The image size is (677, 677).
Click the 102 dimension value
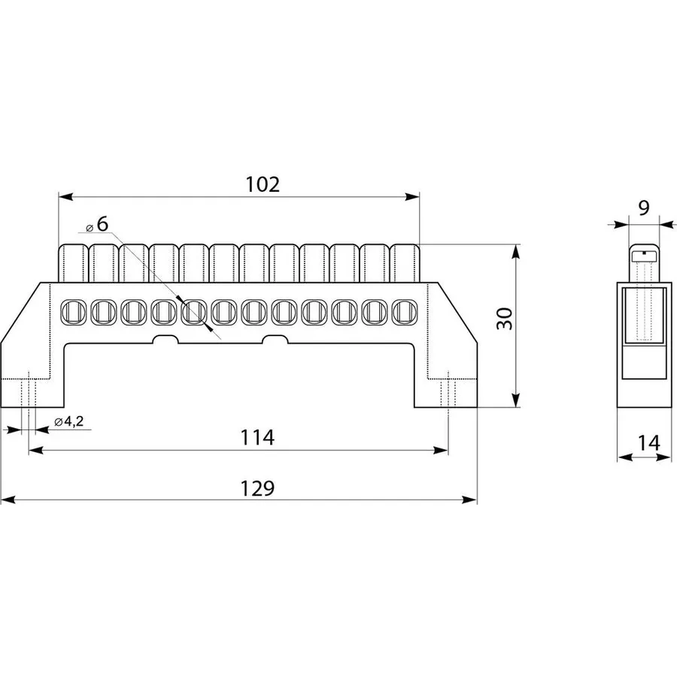pos(263,184)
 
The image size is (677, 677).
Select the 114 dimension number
pos(257,437)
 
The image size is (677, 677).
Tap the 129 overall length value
pos(257,488)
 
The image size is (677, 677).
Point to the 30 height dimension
pos(504,319)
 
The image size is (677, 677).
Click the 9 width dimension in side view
pos(643,208)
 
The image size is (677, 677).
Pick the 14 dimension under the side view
pos(649,442)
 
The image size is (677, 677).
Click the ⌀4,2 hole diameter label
pos(69,421)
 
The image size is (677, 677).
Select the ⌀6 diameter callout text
pos(97,224)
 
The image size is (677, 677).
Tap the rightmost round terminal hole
pos(405,312)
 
